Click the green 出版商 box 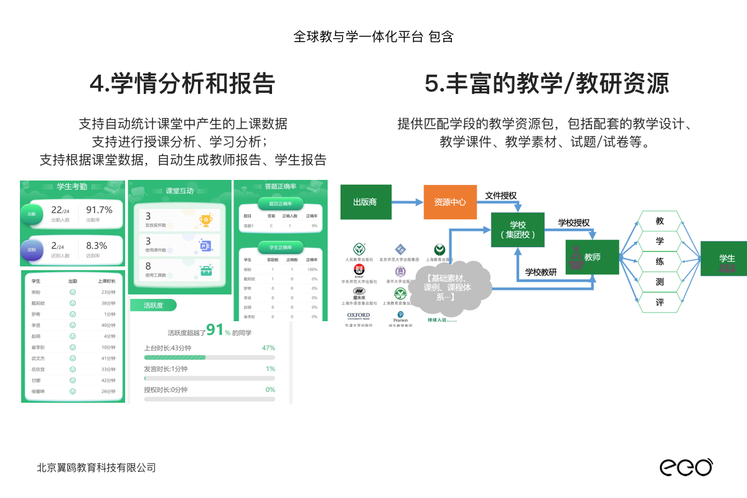pos(365,202)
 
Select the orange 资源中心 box pos(450,202)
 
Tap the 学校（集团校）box pos(517,230)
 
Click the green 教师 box pos(592,256)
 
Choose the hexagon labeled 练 pos(660,261)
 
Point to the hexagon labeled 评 pos(660,302)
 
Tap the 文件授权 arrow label pos(500,195)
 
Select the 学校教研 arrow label pos(541,271)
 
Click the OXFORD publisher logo pos(359,316)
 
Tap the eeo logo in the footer pos(686,467)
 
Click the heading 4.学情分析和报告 pos(182,83)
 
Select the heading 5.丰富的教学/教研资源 pos(547,83)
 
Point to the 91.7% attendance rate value pos(99,210)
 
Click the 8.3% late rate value pos(96,245)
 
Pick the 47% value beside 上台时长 pos(269,348)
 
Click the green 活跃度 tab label pos(153,305)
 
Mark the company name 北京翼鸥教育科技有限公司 pos(96,467)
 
